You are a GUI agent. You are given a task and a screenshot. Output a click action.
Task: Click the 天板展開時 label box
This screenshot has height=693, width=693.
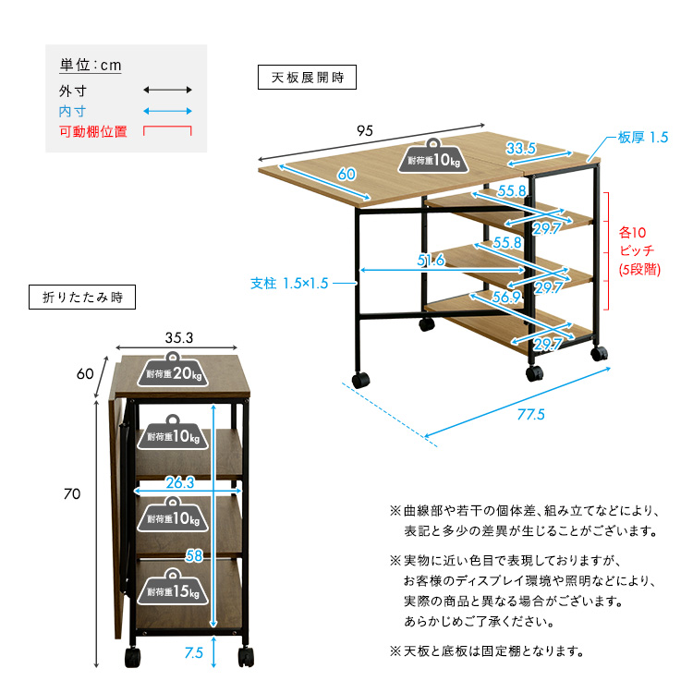click(x=307, y=78)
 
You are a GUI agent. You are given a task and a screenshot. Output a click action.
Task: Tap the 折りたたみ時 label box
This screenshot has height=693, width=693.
click(x=82, y=298)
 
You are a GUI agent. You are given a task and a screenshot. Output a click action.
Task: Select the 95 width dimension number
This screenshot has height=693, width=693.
click(x=365, y=130)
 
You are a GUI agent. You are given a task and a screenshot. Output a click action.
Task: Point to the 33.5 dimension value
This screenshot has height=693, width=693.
click(x=521, y=148)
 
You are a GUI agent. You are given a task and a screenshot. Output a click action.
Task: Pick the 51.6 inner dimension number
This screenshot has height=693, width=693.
click(x=432, y=261)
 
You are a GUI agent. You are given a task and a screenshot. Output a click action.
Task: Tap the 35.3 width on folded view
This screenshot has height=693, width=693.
click(x=178, y=338)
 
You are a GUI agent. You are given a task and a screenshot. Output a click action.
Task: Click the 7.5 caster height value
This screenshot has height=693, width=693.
click(x=193, y=653)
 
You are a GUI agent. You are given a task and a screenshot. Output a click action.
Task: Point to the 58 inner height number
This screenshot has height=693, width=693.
click(x=194, y=555)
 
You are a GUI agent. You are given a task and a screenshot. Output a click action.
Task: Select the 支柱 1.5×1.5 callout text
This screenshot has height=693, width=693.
click(x=289, y=284)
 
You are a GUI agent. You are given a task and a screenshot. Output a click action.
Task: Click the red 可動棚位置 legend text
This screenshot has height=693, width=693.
click(x=92, y=132)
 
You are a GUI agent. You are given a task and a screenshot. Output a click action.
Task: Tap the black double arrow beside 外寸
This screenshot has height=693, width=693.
click(x=167, y=91)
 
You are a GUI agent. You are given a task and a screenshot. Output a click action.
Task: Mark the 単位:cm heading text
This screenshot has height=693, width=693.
click(x=91, y=66)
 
